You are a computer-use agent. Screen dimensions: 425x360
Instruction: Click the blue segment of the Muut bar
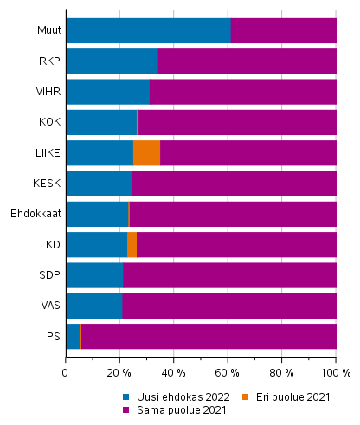coord(148,30)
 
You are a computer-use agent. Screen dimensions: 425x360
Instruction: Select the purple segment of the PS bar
coord(208,336)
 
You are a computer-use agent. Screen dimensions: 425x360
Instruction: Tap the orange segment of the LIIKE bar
coord(146,152)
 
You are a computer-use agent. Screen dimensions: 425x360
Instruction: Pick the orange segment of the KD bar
coord(132,244)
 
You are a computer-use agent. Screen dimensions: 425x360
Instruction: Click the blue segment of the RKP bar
coord(112,61)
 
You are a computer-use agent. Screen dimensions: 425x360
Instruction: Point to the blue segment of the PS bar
coord(72,336)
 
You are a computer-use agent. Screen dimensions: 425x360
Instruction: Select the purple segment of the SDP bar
coord(229,274)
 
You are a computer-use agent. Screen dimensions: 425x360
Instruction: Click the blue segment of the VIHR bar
coord(107,92)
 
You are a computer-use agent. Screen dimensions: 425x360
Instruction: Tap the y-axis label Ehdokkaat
coord(35,214)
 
